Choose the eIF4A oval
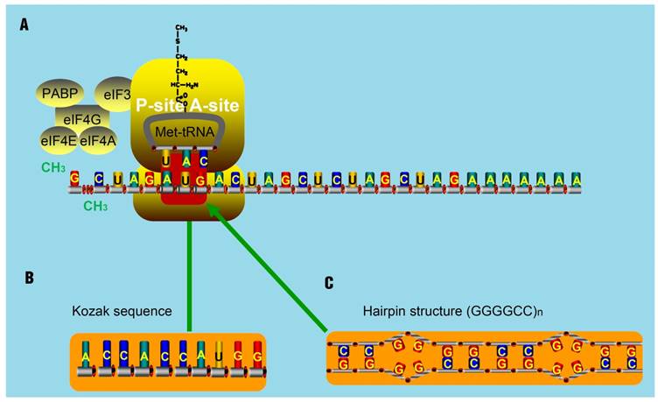tap(98, 140)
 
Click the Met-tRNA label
tap(185, 131)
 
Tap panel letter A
tap(24, 26)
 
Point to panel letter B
tap(29, 278)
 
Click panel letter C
tap(328, 283)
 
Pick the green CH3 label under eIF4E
tap(54, 166)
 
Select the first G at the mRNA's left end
tap(75, 179)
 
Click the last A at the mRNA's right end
tap(576, 180)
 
